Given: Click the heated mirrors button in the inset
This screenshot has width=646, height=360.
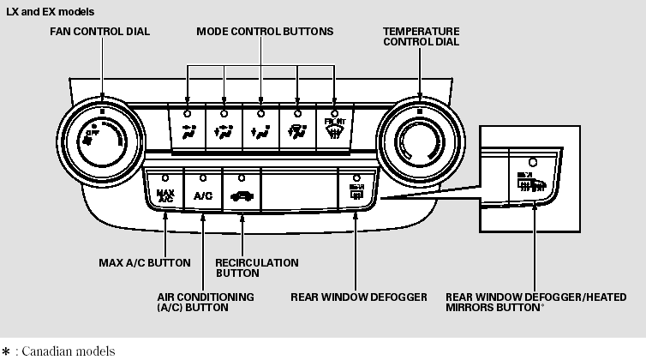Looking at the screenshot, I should pos(533,183).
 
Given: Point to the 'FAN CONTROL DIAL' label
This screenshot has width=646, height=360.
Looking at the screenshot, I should pos(101,32).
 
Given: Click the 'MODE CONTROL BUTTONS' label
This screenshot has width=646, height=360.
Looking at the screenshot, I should pos(265,32).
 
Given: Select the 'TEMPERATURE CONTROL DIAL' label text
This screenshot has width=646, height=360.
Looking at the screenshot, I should pos(421,36).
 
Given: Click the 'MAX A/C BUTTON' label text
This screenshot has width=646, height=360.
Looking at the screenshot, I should pos(144,262).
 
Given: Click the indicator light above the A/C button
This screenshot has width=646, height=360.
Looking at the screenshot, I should pos(203,178).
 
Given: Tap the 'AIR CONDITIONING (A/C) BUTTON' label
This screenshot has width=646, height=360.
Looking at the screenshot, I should pos(206,302).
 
